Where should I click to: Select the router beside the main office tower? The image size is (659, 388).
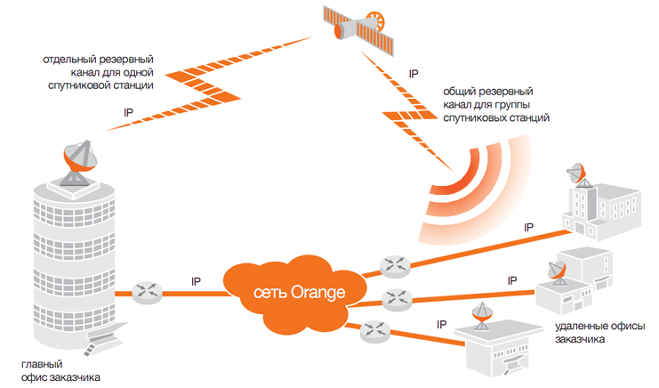point(145,291)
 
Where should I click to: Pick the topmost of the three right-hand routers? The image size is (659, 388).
point(391,264)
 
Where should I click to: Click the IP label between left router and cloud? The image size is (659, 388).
point(196,281)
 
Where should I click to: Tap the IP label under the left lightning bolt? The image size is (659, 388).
point(130,113)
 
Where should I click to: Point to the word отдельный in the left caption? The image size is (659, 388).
point(71,59)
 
